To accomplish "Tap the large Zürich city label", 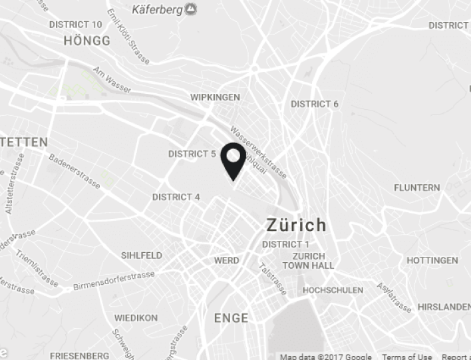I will coord(296,224).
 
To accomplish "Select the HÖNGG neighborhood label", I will coord(86,41).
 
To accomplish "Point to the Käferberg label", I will coord(158,9).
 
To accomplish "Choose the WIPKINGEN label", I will coord(215,97).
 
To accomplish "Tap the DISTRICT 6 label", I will coord(315,104).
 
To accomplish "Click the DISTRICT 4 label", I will coord(176,197).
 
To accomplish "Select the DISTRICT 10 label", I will coord(76,25).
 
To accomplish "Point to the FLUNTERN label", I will coord(416,188).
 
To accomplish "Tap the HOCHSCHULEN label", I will coord(333,290).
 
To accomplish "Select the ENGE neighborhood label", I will coord(231,318).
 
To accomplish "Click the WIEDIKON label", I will coord(136,318).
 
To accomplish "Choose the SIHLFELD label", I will coord(141,255).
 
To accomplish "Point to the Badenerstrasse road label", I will coord(75,172).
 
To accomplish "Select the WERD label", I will coord(227,260).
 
